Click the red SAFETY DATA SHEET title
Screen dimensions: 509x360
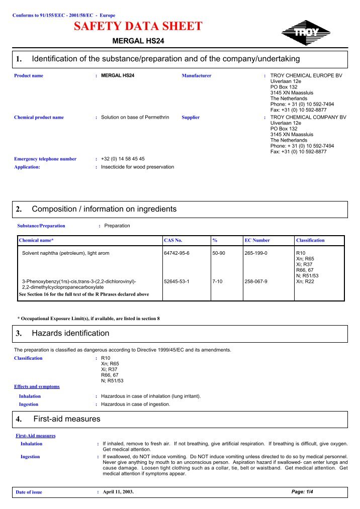138,27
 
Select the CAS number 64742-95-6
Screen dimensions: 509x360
176,253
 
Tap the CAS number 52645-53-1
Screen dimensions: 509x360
176,281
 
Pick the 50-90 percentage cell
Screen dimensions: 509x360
219,253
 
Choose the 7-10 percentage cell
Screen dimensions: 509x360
218,281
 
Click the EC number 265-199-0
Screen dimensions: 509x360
256,253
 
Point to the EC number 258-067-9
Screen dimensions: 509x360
256,281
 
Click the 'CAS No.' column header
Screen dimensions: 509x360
173,240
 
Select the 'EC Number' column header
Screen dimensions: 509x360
257,240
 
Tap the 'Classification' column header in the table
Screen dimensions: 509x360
310,240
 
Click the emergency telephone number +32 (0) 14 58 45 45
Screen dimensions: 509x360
123,159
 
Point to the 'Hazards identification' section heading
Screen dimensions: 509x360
70,333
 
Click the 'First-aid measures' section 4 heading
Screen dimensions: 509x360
67,419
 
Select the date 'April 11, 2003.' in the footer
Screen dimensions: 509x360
118,492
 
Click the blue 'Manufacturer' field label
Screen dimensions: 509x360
196,76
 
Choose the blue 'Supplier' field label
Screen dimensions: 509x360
191,118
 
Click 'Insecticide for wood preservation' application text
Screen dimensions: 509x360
137,167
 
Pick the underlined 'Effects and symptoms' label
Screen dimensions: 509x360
37,386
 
